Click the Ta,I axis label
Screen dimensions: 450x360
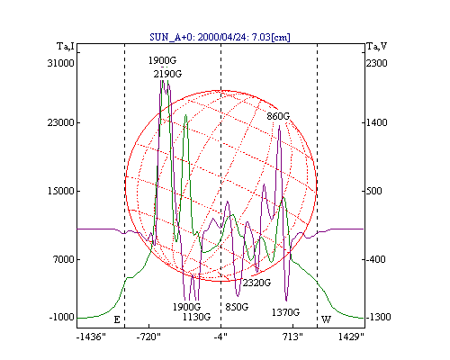tap(66, 47)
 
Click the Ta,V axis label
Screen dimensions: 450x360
tap(377, 47)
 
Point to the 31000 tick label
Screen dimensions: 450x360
tap(60, 63)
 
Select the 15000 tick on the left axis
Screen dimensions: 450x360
tap(60, 191)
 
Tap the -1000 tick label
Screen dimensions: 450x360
tap(61, 317)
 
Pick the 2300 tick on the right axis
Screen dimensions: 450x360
tap(377, 63)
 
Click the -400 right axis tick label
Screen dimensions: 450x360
tap(376, 259)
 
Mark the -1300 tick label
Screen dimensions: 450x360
tap(378, 317)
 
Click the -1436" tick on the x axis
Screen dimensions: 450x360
tap(91, 337)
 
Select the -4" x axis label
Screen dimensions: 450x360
tap(220, 337)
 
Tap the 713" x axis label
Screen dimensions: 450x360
tap(292, 337)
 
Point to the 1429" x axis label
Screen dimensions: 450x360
tap(351, 337)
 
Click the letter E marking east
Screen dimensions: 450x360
tap(117, 319)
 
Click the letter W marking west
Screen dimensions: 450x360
tap(326, 319)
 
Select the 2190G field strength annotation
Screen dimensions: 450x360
tap(167, 74)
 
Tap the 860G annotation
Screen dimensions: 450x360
tap(278, 116)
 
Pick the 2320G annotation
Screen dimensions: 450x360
tap(256, 283)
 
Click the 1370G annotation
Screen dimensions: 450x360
tap(285, 312)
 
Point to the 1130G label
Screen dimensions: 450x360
tap(197, 317)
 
